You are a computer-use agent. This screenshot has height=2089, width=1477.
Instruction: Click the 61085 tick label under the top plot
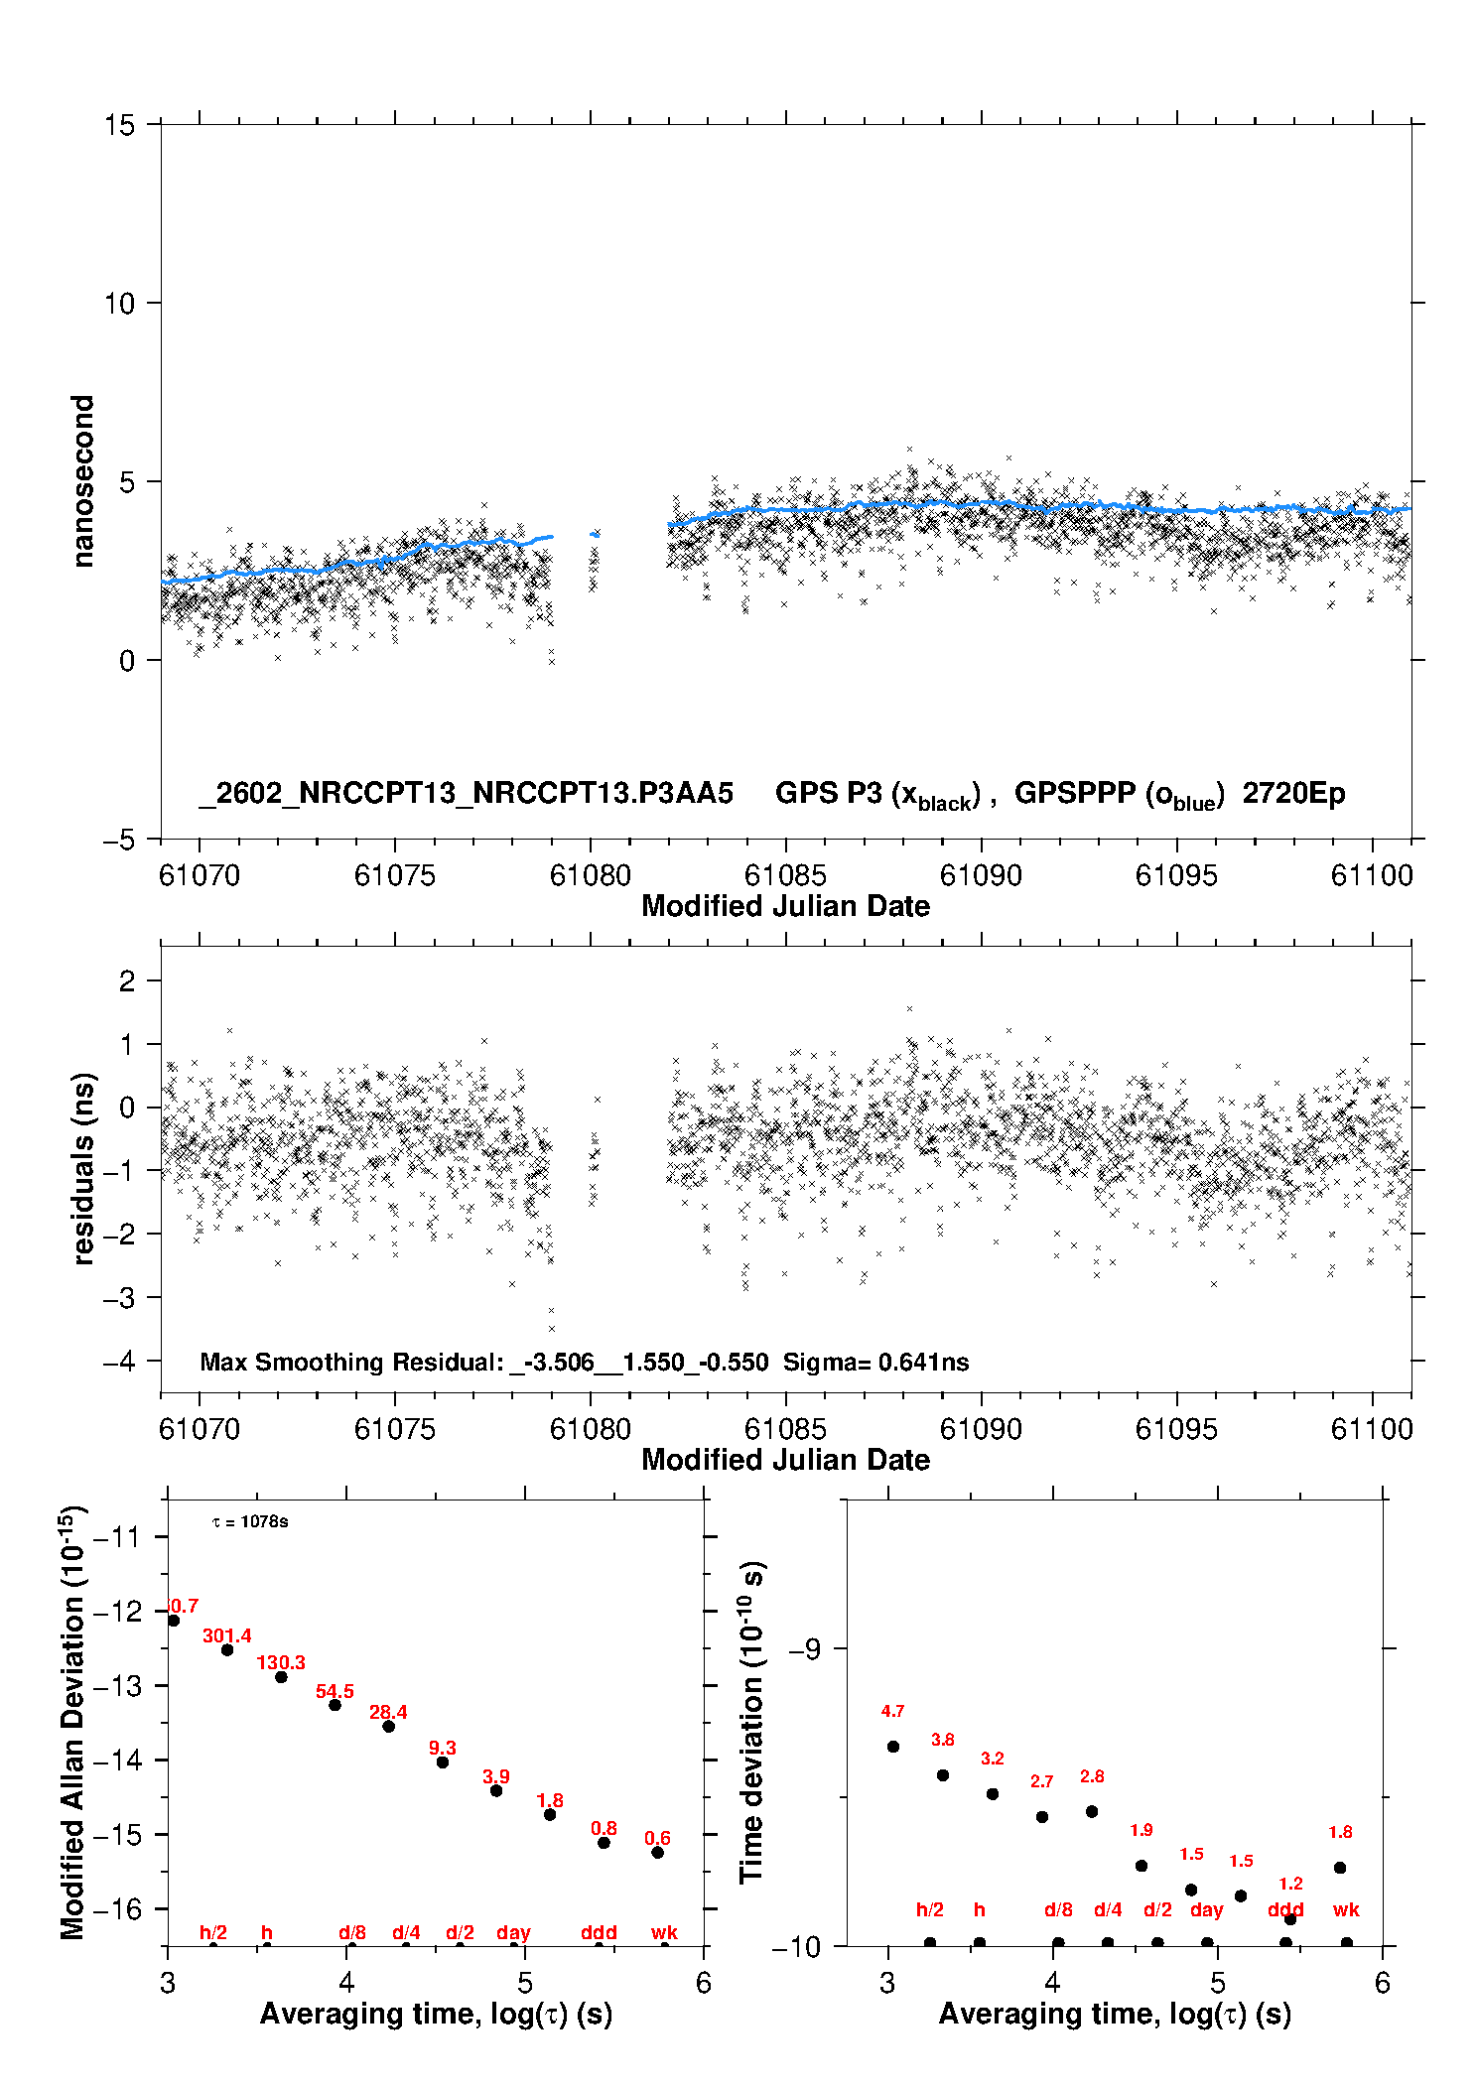785,875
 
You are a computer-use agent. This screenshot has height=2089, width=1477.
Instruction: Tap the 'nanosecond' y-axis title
83,480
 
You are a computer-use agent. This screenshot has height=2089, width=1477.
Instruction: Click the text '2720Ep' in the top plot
1293,793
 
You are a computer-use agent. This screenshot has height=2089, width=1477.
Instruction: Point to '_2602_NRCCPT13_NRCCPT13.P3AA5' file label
467,793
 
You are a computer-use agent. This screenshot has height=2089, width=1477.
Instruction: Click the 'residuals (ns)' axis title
83,1168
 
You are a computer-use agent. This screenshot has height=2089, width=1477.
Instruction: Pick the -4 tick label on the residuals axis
119,1361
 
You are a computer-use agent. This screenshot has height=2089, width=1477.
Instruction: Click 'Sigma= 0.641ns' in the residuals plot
875,1362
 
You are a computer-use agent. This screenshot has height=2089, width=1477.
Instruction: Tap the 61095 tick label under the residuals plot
1176,1429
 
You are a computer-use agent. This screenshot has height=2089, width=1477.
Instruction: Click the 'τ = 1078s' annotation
250,1521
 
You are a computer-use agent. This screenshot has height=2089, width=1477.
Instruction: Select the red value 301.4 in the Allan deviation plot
227,1635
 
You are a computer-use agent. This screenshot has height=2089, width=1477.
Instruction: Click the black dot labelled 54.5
336,1704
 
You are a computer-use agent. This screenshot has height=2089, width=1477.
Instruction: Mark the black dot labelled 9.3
443,1762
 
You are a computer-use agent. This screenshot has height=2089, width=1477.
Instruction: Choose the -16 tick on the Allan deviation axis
116,1908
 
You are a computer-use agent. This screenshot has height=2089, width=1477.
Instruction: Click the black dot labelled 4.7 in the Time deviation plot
893,1746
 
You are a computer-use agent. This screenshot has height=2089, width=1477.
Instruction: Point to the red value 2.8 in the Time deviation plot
1092,1775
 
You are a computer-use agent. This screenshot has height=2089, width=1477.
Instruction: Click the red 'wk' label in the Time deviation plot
1346,1909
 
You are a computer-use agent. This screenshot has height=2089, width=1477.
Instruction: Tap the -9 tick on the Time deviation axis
804,1648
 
